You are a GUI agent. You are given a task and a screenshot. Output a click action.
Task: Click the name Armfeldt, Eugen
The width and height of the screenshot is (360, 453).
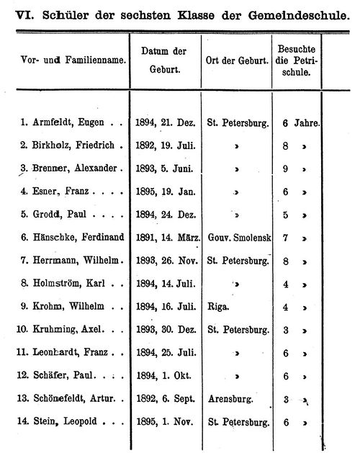pos(66,123)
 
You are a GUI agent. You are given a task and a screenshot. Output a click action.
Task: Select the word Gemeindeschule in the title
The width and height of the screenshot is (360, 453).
pos(302,15)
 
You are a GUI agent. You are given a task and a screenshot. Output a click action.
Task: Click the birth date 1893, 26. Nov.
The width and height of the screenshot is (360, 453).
pos(164,259)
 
